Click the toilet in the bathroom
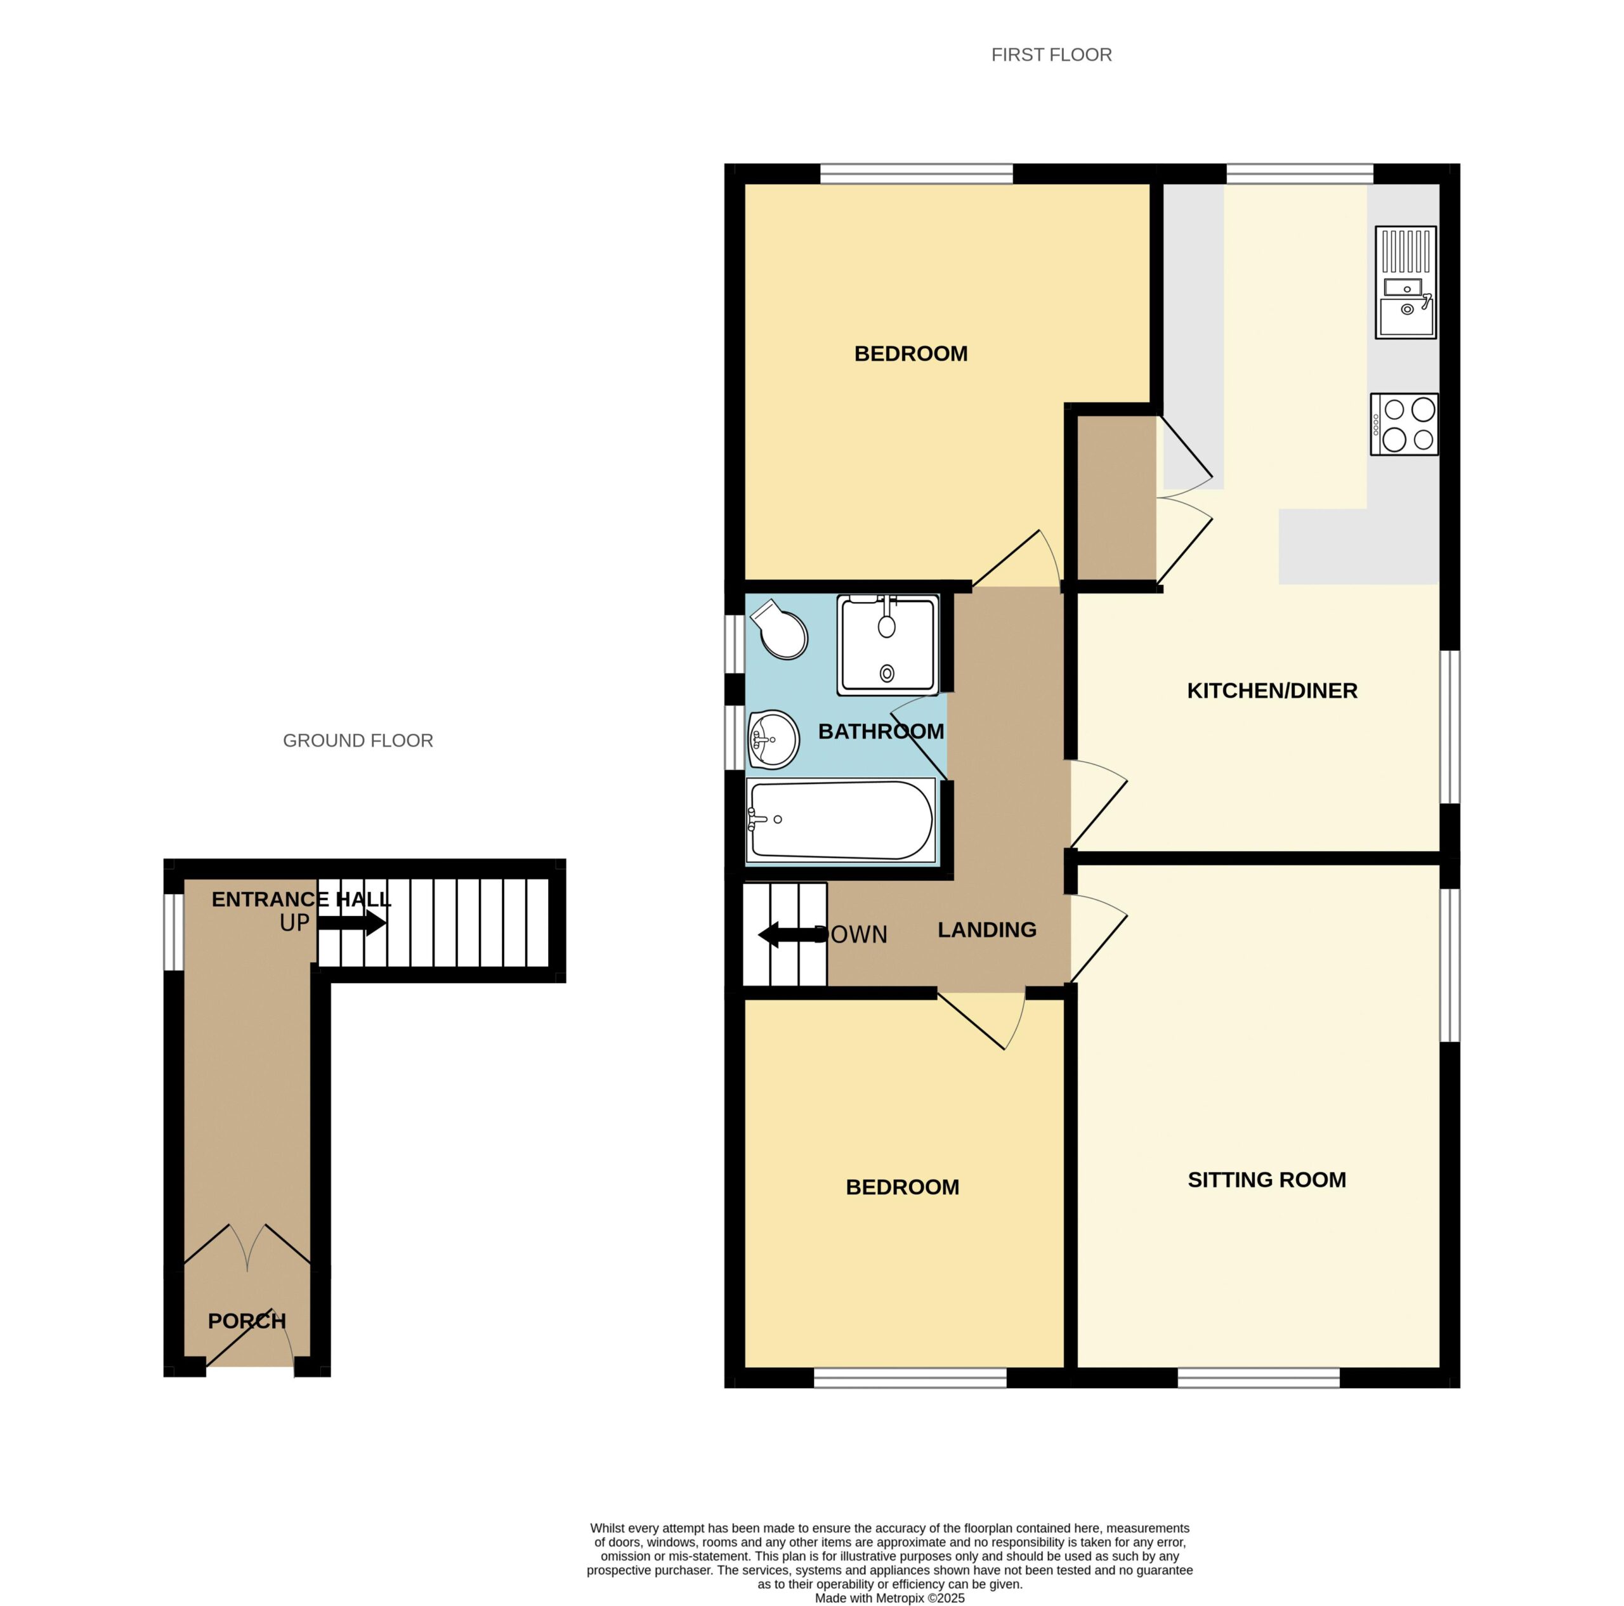tap(780, 629)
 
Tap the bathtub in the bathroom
tap(841, 820)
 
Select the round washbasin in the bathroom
tap(773, 740)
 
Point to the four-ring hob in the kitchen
tap(1404, 424)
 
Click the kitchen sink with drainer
tap(1405, 282)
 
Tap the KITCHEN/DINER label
tap(1272, 691)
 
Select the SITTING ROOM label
tap(1267, 1180)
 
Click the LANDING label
tap(987, 930)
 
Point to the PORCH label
tap(247, 1321)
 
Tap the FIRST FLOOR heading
tap(1052, 55)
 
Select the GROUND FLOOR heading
tap(358, 740)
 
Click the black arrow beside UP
tap(352, 924)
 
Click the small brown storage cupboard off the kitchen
tap(1117, 499)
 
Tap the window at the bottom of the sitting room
tap(1259, 1378)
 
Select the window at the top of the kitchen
tap(1300, 174)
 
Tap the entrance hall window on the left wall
tap(173, 932)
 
